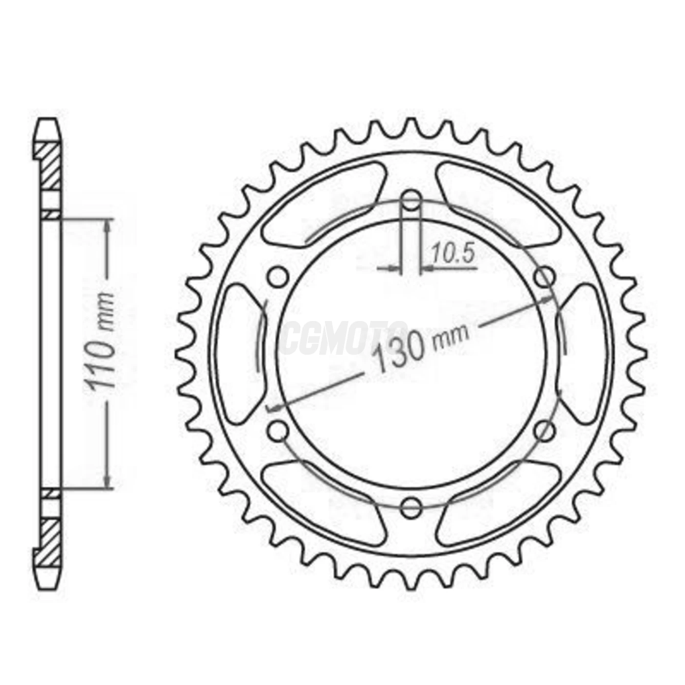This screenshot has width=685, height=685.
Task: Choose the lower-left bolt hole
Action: pyautogui.click(x=278, y=431)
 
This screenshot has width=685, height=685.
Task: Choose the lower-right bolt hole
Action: pyautogui.click(x=544, y=431)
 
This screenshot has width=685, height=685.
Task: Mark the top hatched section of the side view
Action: pyautogui.click(x=50, y=166)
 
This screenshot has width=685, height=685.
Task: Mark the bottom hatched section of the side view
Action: pyautogui.click(x=50, y=541)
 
